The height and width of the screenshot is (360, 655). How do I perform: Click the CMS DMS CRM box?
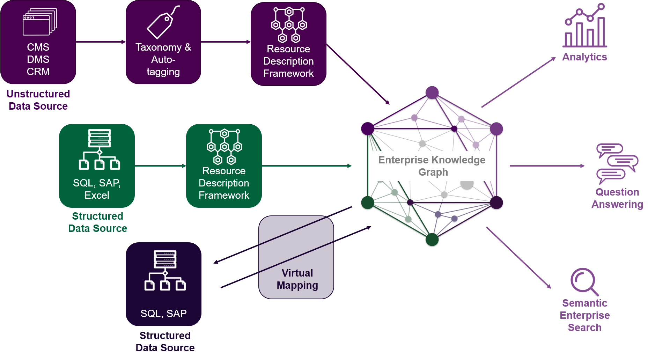click(x=38, y=42)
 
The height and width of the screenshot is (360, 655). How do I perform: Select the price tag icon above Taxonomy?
click(x=162, y=23)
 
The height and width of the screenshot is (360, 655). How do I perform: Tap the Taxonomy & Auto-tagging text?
click(x=163, y=59)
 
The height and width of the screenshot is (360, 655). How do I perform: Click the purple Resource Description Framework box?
click(x=288, y=44)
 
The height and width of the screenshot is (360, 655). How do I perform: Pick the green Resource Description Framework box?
click(x=224, y=166)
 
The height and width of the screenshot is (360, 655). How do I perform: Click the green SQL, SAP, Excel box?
click(x=97, y=166)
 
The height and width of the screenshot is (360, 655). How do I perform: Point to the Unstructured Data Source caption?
click(x=38, y=100)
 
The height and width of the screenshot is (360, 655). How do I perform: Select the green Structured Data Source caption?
click(x=97, y=222)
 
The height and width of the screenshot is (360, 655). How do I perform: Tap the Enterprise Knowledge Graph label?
click(x=432, y=166)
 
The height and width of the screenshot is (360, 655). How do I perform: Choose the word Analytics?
click(x=584, y=57)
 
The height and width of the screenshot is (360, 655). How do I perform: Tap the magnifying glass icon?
click(x=584, y=281)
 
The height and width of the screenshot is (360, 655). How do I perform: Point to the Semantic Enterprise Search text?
click(x=584, y=315)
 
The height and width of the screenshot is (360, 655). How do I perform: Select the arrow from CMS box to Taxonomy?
click(x=101, y=42)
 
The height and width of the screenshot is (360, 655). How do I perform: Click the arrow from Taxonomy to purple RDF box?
click(x=226, y=42)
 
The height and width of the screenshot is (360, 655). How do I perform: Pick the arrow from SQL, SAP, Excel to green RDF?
click(x=160, y=166)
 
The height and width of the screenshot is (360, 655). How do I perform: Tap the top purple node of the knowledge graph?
click(x=432, y=93)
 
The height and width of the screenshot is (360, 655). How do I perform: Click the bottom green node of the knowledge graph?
click(x=432, y=240)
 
